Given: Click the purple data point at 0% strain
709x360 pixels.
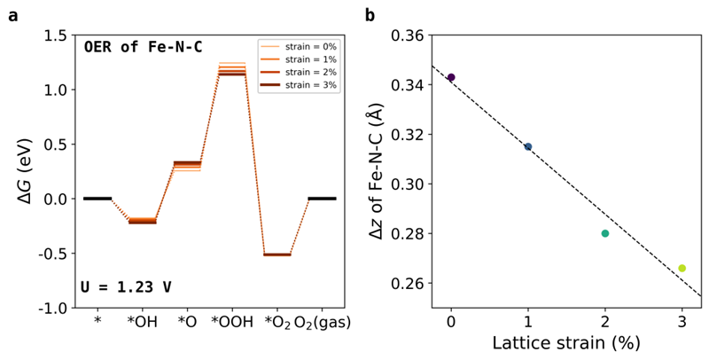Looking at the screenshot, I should coord(451,78).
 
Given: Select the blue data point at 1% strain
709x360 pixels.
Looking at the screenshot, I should coord(528,146).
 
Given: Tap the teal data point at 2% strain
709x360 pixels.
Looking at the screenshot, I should coord(605,233).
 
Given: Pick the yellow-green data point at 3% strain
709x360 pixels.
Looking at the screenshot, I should coord(682,268).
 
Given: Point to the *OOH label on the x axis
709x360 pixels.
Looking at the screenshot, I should coord(232,324).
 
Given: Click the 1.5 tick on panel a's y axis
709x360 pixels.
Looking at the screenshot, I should coord(53,35).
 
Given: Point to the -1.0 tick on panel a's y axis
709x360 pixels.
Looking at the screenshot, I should coord(51,308).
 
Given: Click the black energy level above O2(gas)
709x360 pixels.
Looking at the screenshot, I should coord(322,199).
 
